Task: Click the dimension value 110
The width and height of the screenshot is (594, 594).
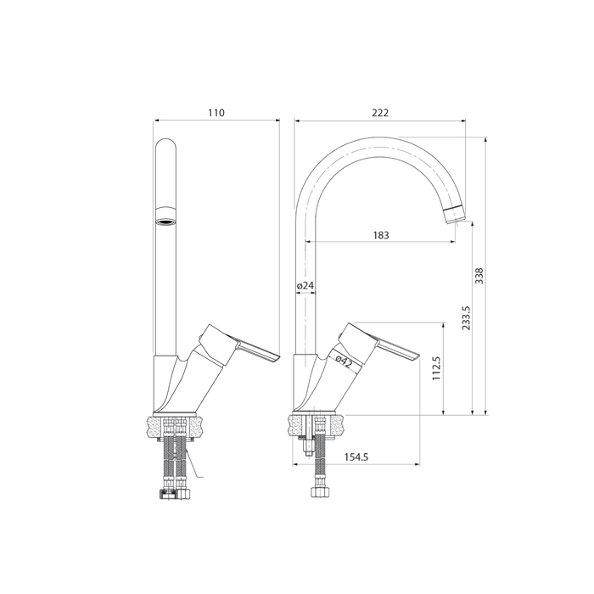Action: click(216, 113)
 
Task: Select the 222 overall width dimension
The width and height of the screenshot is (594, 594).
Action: click(380, 113)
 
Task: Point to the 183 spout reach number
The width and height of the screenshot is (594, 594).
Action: click(380, 235)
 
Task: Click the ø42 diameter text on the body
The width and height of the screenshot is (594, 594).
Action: click(344, 362)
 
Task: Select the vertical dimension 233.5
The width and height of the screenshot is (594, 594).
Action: click(466, 320)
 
